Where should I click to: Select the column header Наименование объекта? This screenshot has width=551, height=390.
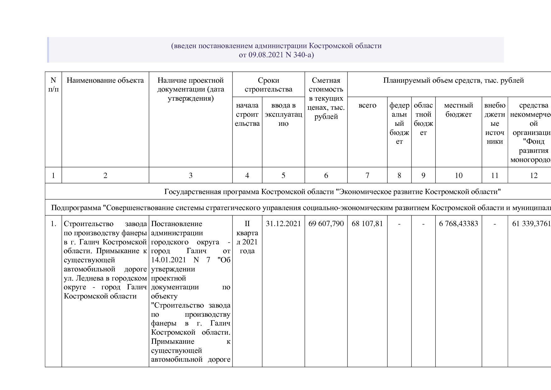pos(105,80)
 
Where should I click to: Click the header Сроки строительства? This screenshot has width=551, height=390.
pos(268,85)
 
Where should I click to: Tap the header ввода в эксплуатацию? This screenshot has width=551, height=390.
pos(283,114)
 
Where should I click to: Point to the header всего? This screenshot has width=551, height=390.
pos(367,105)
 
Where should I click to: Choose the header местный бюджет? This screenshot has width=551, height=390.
pos(458,110)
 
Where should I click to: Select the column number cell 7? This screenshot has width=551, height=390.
pos(367,175)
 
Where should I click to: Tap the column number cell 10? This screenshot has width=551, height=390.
pos(458,175)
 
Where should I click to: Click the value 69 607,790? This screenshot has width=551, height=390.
pos(326,224)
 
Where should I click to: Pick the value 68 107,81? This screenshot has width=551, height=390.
pos(367,224)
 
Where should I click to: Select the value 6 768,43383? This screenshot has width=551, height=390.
pos(458,224)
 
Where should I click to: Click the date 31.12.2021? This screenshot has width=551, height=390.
pos(283,224)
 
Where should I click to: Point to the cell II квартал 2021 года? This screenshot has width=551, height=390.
pos(247,237)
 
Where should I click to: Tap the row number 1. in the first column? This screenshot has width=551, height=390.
pos(53,224)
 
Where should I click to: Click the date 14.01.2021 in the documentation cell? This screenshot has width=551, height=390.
pos(168,260)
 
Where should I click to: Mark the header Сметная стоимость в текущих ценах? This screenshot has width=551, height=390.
pos(326,98)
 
